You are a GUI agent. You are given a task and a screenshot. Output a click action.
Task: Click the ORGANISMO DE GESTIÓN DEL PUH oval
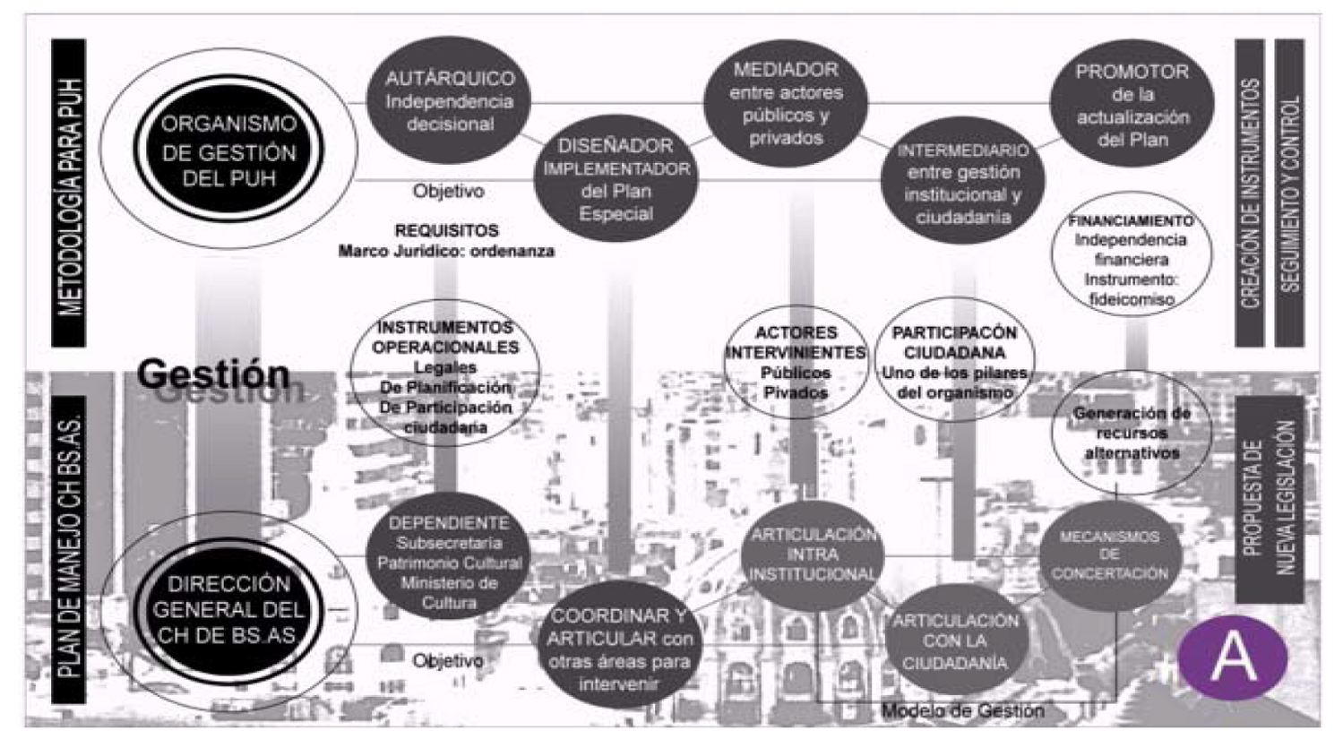coord(228,150)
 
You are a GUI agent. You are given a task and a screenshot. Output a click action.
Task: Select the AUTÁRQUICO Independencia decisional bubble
coord(449,100)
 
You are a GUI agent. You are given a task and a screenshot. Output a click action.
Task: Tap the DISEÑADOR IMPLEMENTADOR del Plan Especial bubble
coord(616,179)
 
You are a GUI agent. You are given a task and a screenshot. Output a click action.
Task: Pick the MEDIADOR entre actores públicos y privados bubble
coord(786,103)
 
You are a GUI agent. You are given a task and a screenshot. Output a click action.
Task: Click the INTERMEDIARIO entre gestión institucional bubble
coord(963,184)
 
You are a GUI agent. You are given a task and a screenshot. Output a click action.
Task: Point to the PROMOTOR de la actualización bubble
coord(1132,105)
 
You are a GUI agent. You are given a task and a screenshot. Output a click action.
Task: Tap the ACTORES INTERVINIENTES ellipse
coord(796,362)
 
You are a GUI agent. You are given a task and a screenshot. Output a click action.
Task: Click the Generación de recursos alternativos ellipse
coord(1131,433)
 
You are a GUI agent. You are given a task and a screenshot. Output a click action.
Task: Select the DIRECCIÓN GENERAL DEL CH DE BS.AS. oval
coord(228,610)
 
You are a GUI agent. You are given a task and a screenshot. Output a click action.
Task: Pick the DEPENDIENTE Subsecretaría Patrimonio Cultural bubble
coord(449,560)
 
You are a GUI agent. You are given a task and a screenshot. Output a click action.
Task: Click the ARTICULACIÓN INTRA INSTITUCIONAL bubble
coord(813,555)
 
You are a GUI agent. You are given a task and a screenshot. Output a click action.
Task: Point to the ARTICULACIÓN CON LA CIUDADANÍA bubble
coord(955,640)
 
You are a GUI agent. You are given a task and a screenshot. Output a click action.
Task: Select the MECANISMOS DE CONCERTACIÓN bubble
coord(1109,555)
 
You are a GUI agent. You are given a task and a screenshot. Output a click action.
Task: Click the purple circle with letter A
coord(1233,657)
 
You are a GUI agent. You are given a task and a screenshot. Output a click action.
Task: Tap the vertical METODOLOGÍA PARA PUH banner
coord(69,193)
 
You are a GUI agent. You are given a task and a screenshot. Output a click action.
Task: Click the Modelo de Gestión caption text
coord(962,711)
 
